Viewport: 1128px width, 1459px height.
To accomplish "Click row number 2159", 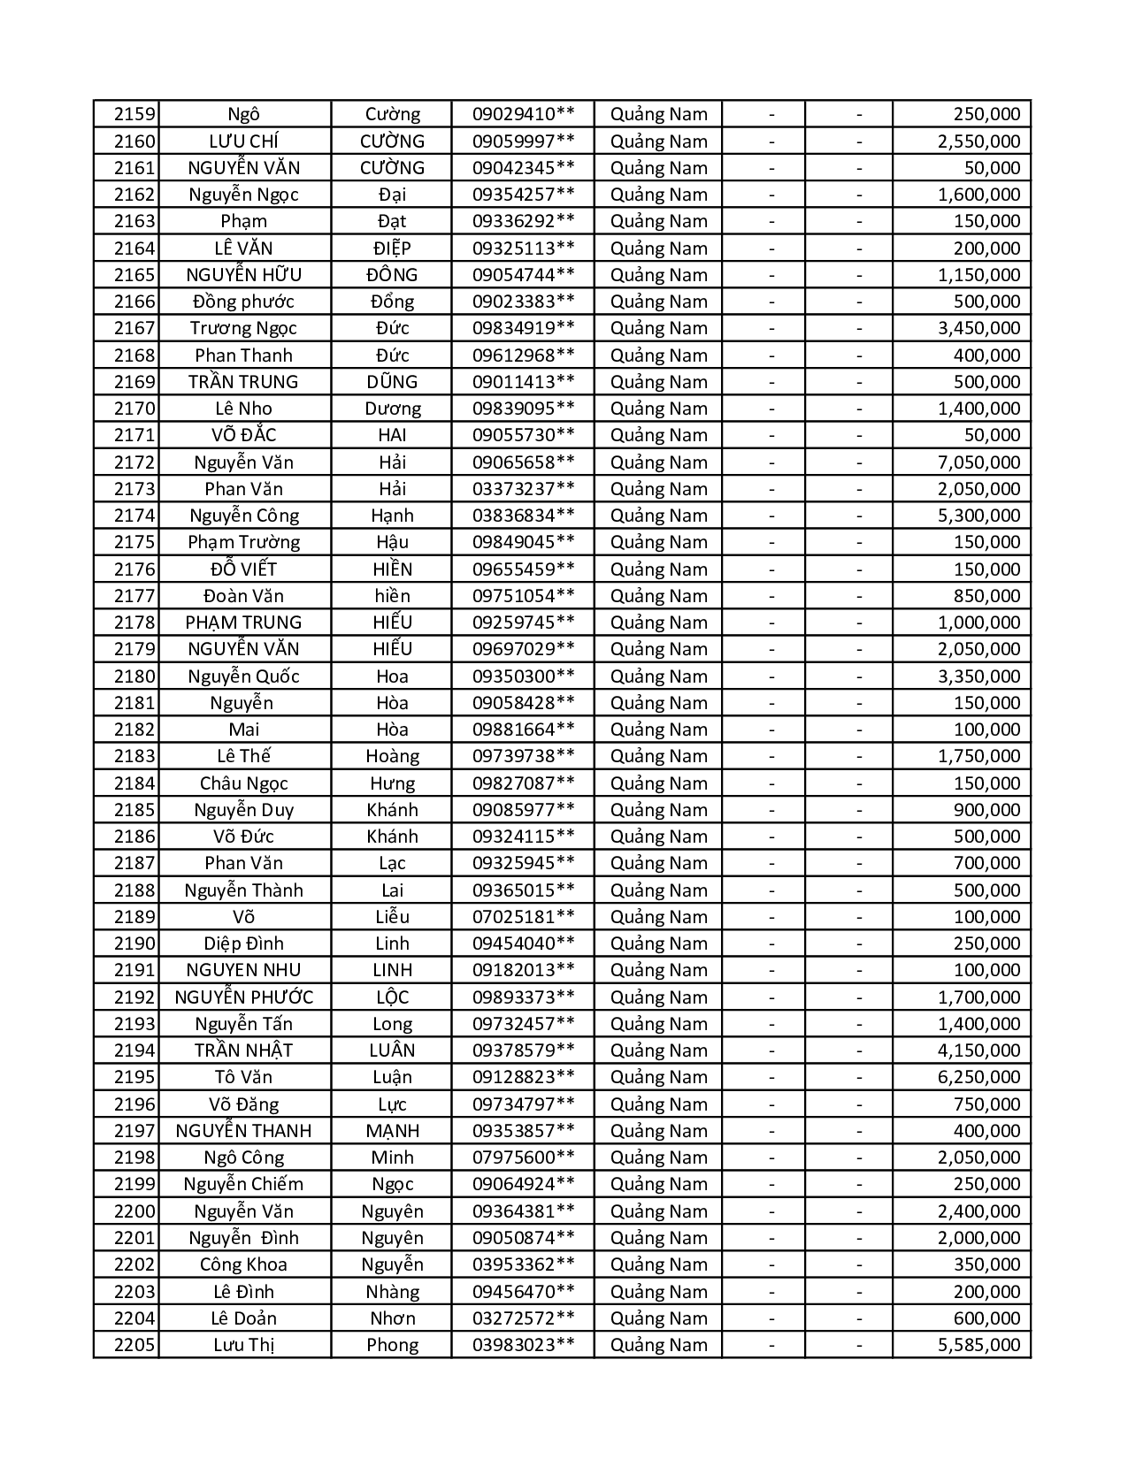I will tap(134, 114).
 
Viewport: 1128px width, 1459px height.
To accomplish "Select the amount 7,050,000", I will tap(978, 462).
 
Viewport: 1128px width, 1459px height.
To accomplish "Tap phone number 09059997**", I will tap(523, 141).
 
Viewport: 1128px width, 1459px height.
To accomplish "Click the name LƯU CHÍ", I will tap(243, 141).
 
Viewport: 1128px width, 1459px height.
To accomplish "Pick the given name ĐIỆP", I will tap(392, 248).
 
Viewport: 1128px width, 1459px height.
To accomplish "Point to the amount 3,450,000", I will tap(978, 328).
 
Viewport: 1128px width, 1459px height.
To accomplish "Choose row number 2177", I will tap(134, 595).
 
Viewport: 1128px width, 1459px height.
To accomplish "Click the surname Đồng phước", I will tap(243, 302).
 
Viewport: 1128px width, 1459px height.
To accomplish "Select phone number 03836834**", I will tap(523, 516).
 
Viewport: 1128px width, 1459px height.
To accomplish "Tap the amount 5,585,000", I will tap(978, 1345).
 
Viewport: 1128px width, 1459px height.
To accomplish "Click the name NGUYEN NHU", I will tap(243, 970).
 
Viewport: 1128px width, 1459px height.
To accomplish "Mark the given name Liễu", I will tap(392, 917).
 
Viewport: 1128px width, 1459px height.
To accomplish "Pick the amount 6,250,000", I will tap(978, 1077).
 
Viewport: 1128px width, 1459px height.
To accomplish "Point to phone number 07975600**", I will tap(523, 1157).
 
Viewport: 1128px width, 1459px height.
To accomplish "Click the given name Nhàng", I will tap(392, 1291).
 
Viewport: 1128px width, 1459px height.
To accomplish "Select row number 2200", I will tap(134, 1211).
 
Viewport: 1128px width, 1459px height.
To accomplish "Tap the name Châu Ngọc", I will tap(243, 783).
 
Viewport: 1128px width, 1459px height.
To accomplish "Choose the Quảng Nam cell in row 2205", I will tap(658, 1345).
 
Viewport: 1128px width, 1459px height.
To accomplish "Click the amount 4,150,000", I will tap(978, 1050).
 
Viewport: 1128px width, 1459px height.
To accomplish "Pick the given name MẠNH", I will tap(392, 1131).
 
